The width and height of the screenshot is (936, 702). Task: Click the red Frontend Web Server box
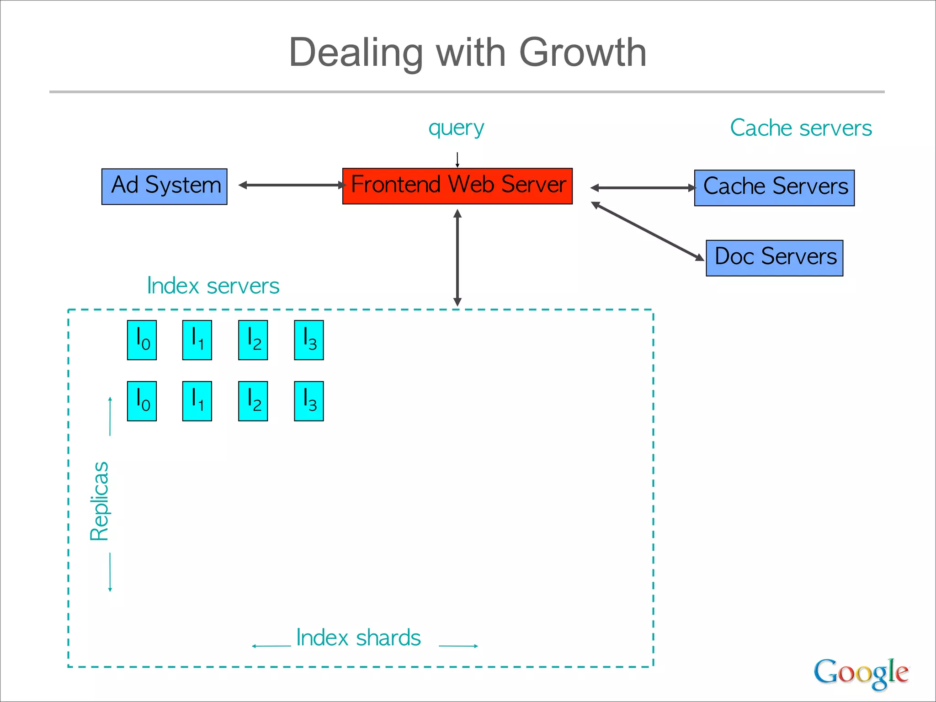point(457,186)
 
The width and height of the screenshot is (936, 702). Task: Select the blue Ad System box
point(164,186)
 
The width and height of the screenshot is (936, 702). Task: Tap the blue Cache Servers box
point(774,188)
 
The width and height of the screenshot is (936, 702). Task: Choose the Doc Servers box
point(774,258)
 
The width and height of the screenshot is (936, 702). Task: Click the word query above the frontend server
point(456,128)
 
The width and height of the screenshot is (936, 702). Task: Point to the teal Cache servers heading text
point(801,128)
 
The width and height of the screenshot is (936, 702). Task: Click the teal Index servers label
point(213,286)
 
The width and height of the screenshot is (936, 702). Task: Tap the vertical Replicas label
point(99,501)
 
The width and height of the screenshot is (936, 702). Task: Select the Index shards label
point(358,638)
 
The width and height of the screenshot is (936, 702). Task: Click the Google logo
point(861,673)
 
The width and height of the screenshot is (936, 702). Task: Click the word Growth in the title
point(583,53)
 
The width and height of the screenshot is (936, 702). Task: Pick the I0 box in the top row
point(142,340)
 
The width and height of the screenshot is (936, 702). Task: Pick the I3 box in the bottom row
point(309,401)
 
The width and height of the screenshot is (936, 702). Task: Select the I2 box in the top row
point(253,340)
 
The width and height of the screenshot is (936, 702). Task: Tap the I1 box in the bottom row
point(197,401)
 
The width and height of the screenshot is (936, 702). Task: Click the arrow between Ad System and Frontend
point(292,185)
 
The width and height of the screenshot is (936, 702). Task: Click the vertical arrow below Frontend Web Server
point(457,258)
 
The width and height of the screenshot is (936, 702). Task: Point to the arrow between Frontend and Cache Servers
point(643,188)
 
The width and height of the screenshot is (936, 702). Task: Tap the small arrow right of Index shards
point(458,646)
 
